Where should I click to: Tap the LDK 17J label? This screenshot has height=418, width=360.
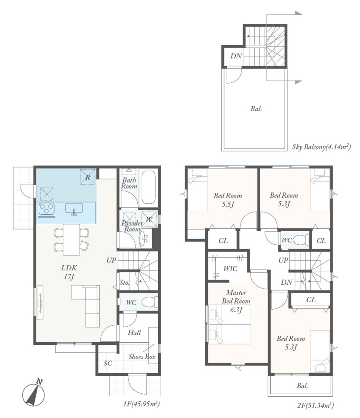tap(69, 272)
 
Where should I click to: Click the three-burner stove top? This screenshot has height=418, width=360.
tap(47, 209)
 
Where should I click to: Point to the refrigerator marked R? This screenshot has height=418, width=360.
tap(88, 176)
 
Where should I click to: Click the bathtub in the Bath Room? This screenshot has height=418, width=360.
tap(149, 188)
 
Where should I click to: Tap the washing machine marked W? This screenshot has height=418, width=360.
tap(149, 219)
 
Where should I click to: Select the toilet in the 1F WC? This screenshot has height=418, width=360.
tap(149, 302)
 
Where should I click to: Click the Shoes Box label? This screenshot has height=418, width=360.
tap(142, 357)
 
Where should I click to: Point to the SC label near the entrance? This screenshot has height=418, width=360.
tap(108, 363)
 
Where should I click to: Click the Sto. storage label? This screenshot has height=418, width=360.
tap(124, 282)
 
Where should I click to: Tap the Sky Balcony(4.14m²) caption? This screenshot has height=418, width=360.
tap(321, 147)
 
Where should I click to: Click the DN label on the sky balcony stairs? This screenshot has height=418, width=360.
tap(236, 56)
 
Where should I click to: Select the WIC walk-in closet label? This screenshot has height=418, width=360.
tap(230, 269)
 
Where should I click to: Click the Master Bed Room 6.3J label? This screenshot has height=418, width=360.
tap(236, 301)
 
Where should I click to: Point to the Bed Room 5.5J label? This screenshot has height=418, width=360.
tap(228, 200)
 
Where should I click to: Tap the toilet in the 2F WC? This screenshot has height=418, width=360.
tap(300, 240)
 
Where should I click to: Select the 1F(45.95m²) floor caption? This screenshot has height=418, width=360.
tap(142, 404)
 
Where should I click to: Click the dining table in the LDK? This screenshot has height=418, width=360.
tap(71, 240)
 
